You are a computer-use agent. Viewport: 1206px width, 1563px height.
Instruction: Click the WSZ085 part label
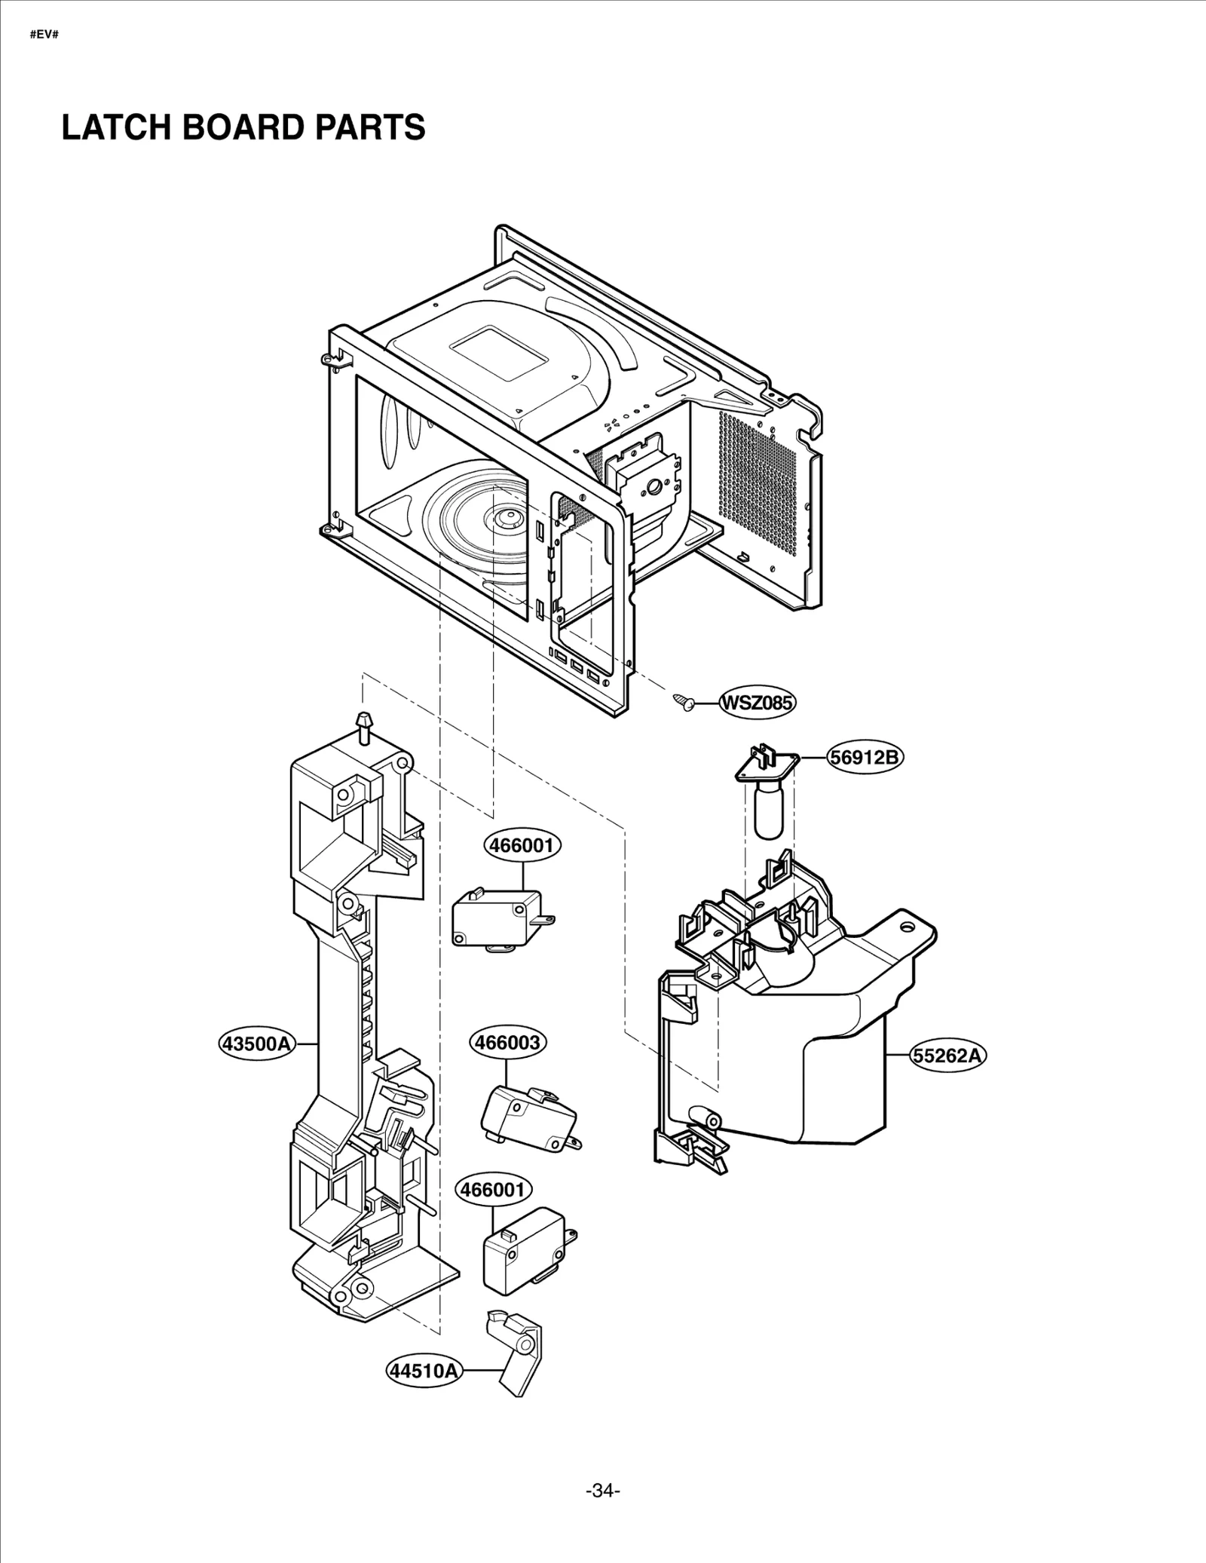click(758, 703)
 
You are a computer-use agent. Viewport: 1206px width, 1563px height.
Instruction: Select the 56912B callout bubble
click(865, 756)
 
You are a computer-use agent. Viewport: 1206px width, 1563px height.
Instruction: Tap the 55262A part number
click(948, 1055)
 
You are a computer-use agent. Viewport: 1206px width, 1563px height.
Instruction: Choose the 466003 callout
click(508, 1043)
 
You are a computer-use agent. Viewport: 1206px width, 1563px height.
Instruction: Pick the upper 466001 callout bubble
click(522, 845)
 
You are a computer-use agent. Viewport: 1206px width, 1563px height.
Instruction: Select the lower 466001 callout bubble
click(494, 1190)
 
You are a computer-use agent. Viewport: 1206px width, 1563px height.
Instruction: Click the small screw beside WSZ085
click(684, 702)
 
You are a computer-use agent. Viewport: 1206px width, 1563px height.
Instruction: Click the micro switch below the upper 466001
click(497, 917)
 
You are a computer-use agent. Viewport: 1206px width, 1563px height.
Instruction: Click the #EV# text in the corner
click(44, 35)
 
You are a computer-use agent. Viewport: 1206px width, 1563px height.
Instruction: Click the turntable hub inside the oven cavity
click(504, 517)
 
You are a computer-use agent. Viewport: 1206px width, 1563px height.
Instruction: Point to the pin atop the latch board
click(365, 725)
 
